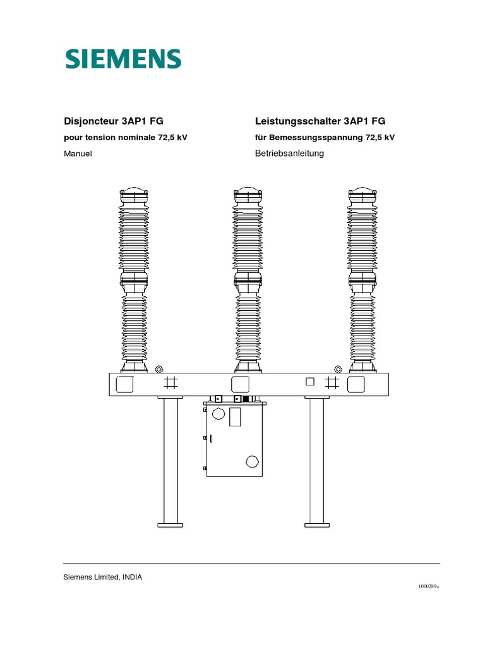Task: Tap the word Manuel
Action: click(x=78, y=154)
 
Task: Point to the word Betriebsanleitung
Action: click(x=289, y=154)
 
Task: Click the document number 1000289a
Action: click(x=428, y=586)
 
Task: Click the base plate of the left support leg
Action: click(x=169, y=524)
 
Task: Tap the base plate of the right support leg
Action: click(x=317, y=524)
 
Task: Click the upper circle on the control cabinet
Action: click(x=219, y=414)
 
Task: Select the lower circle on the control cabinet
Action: click(x=251, y=463)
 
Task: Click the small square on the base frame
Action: click(x=309, y=381)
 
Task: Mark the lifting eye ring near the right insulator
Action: click(x=338, y=369)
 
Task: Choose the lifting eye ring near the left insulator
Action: click(x=159, y=369)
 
